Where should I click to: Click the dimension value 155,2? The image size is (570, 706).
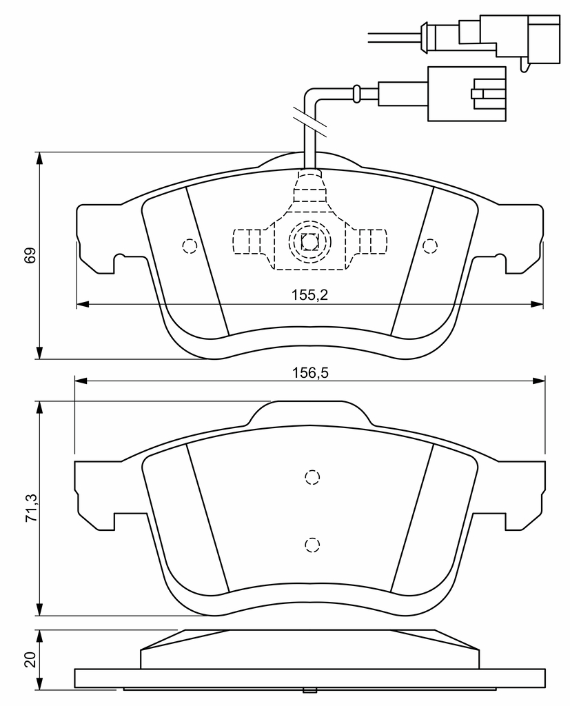pyautogui.click(x=309, y=295)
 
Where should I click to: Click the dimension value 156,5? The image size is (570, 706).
pyautogui.click(x=310, y=373)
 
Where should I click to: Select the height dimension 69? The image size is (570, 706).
pyautogui.click(x=30, y=255)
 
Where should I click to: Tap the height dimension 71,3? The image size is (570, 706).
pyautogui.click(x=31, y=508)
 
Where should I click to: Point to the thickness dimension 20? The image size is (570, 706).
pyautogui.click(x=30, y=660)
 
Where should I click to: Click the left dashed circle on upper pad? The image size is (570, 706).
pyautogui.click(x=190, y=246)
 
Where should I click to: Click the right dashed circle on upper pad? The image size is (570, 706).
pyautogui.click(x=430, y=246)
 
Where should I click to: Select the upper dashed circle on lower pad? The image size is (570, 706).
pyautogui.click(x=312, y=477)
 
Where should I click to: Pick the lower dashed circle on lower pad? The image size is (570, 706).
pyautogui.click(x=312, y=545)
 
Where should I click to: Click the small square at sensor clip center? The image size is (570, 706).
pyautogui.click(x=309, y=242)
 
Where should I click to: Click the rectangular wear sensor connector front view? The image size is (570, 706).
pyautogui.click(x=467, y=94)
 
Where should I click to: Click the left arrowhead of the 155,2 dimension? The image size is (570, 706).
pyautogui.click(x=83, y=304)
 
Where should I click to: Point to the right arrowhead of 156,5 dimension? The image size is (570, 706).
pyautogui.click(x=539, y=381)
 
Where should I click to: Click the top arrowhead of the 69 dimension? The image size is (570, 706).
pyautogui.click(x=40, y=159)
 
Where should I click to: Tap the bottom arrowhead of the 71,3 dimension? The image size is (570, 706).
pyautogui.click(x=40, y=609)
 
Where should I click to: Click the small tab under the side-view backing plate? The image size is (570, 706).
pyautogui.click(x=310, y=691)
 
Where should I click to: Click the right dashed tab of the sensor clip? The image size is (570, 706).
pyautogui.click(x=372, y=241)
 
